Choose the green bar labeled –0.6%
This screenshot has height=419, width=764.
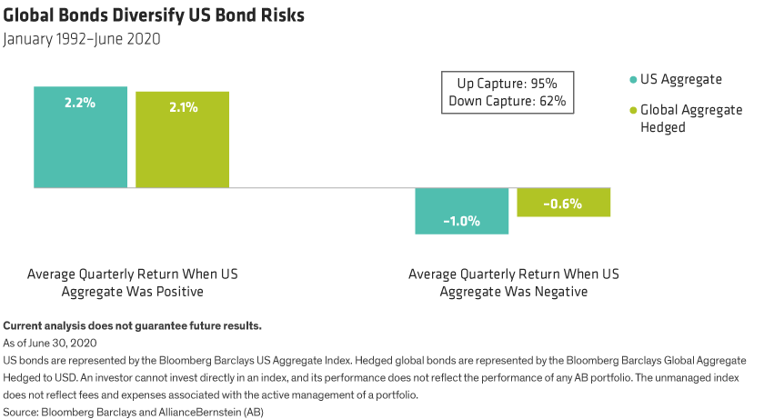coord(563,203)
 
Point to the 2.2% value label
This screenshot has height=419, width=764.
coord(80,103)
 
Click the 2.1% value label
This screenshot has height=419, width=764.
coord(182,107)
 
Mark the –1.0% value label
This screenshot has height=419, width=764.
coord(461,220)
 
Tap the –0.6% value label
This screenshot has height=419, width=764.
coord(563,204)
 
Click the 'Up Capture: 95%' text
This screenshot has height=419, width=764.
coord(507,84)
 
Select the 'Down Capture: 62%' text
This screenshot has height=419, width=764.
coord(507,101)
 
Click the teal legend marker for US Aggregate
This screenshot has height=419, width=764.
coord(632,79)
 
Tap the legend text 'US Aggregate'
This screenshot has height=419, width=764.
coord(681,79)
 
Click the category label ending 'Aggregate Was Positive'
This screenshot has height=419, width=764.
coord(132,283)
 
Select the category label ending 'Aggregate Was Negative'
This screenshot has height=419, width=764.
coord(513,283)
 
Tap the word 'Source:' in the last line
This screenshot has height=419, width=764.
coord(21,412)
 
